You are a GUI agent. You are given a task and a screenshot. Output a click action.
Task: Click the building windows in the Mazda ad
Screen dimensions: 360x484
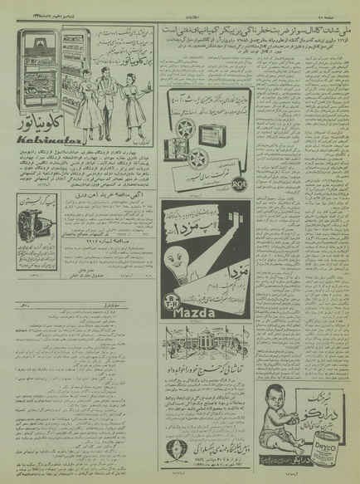tap(215, 216)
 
